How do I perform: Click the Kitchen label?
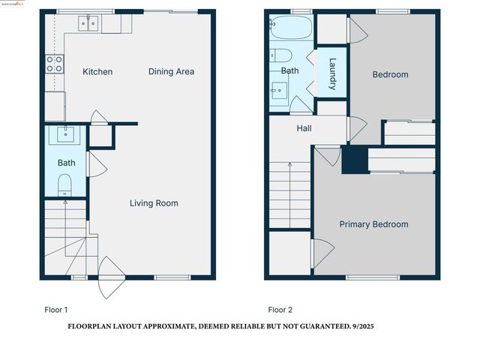pos(97,72)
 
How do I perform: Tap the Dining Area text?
pos(171,72)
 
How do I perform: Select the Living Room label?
pos(154,203)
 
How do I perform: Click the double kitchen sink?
pos(87,25)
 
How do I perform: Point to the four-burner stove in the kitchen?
pos(55,64)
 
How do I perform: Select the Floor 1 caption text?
pos(56,309)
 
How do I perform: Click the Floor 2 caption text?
pos(281,309)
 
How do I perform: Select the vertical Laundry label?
pos(332,74)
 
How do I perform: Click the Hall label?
pos(304,128)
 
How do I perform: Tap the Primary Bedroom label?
pos(373,224)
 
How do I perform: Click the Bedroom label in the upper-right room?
pos(390,74)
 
